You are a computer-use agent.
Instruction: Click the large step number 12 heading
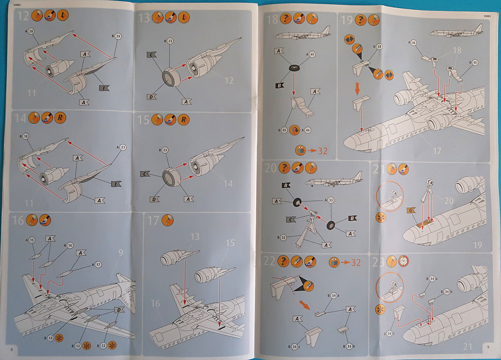click(x=23, y=16)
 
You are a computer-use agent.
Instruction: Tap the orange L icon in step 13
click(x=184, y=17)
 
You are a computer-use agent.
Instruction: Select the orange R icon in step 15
click(x=184, y=119)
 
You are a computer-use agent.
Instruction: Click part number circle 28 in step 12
click(x=31, y=31)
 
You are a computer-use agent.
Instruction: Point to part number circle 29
click(x=118, y=36)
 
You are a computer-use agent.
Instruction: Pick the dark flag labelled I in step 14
click(x=116, y=184)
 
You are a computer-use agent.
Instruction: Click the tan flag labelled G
click(x=411, y=210)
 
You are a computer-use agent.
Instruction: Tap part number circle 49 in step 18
click(x=312, y=54)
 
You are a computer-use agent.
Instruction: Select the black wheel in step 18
click(x=294, y=68)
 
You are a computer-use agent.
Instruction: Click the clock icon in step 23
click(x=404, y=261)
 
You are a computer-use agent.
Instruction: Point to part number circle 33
click(x=331, y=200)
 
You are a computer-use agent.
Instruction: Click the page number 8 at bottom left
click(x=11, y=350)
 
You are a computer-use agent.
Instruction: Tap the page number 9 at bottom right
click(x=488, y=347)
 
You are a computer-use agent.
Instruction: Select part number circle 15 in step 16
click(x=32, y=240)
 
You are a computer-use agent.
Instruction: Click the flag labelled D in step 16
click(x=119, y=310)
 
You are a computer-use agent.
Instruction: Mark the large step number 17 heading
click(x=153, y=221)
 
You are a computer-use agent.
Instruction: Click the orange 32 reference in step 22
click(x=355, y=263)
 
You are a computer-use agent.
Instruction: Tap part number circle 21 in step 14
click(x=123, y=147)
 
